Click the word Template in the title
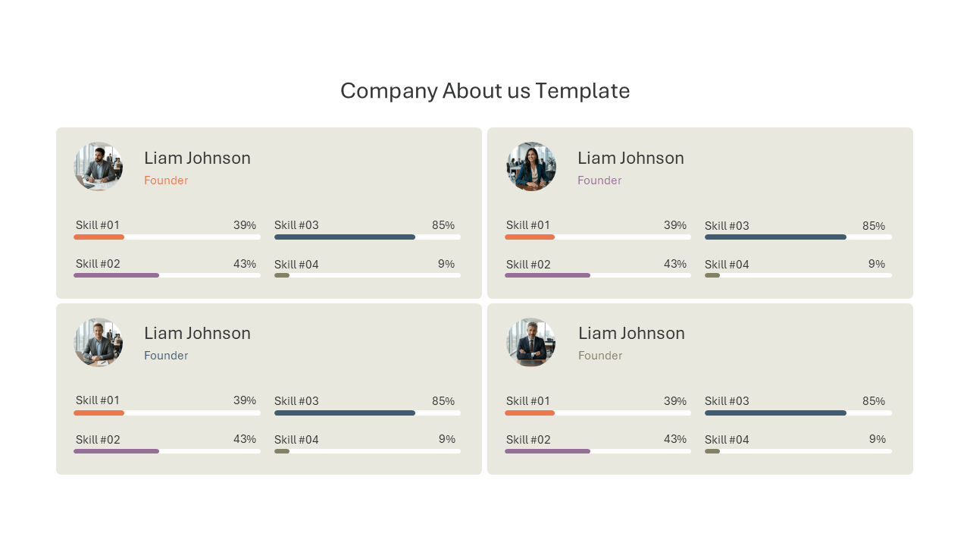583,91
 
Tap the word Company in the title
389,92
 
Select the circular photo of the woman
531,166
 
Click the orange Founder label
166,180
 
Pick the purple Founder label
599,180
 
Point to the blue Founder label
166,356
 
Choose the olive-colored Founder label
600,356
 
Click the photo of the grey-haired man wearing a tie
531,342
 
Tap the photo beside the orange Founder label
99,166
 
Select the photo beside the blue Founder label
99,342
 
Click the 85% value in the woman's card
874,226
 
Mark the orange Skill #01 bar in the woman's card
530,237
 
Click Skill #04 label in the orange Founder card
296,265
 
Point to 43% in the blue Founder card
245,439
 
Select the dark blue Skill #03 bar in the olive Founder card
775,413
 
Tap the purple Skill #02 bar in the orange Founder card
117,275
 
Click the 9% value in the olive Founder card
878,439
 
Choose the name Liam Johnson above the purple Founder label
631,158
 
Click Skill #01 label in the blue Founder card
98,400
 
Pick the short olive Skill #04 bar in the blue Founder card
282,451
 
